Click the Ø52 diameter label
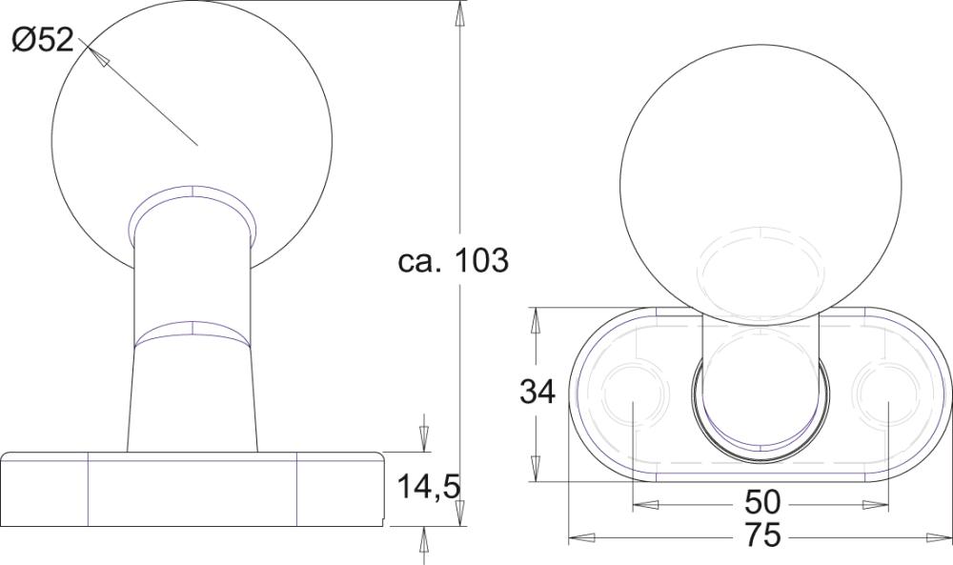pyautogui.click(x=43, y=41)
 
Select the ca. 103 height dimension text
pyautogui.click(x=454, y=260)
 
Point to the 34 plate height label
pyautogui.click(x=537, y=392)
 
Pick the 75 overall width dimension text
pyautogui.click(x=762, y=536)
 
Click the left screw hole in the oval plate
pyautogui.click(x=632, y=393)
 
